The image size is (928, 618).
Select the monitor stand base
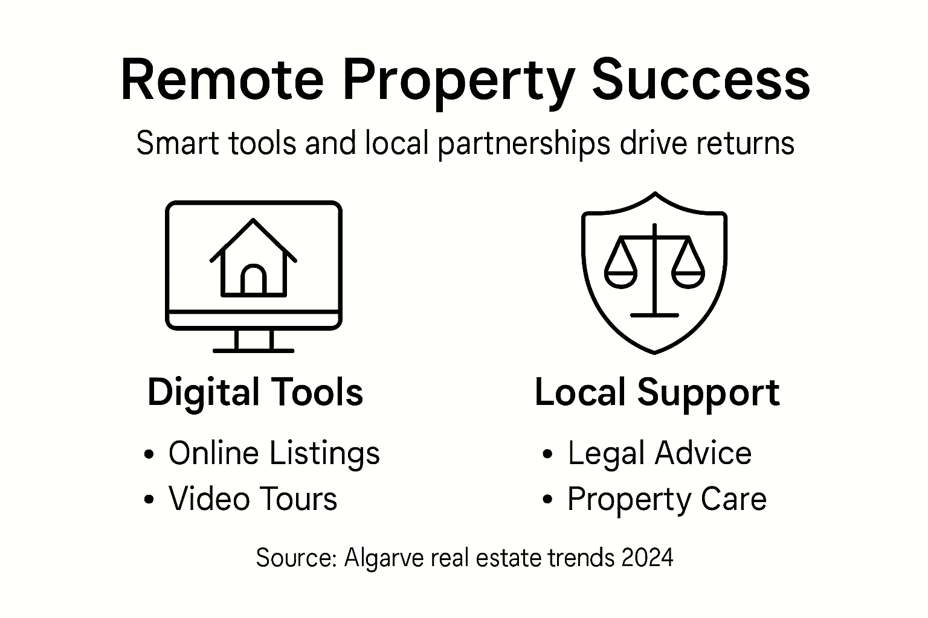pyautogui.click(x=253, y=350)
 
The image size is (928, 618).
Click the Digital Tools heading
pyautogui.click(x=255, y=392)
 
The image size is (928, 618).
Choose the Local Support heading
pyautogui.click(x=657, y=392)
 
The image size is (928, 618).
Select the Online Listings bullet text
pyautogui.click(x=274, y=453)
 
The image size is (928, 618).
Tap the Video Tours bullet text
pyautogui.click(x=253, y=499)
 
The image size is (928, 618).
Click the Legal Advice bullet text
pyautogui.click(x=659, y=453)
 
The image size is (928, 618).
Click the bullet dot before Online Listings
pyautogui.click(x=149, y=454)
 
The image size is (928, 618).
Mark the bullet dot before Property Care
pyautogui.click(x=548, y=500)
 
